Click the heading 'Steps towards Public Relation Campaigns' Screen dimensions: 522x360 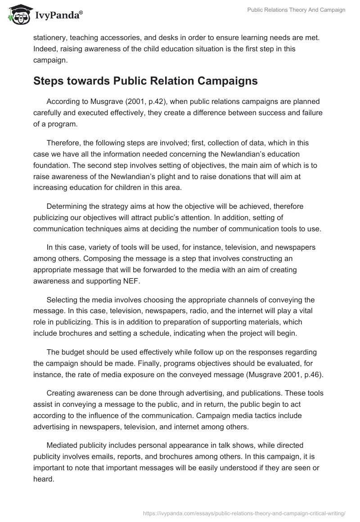[145, 81]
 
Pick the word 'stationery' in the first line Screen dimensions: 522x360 [51, 37]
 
